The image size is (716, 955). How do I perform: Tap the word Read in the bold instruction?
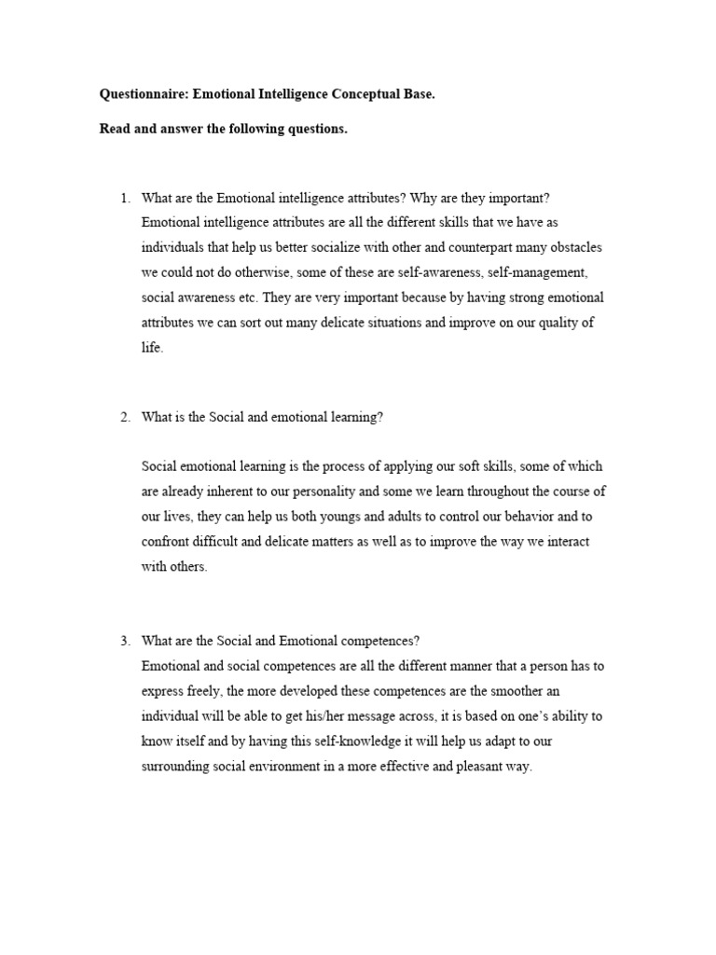coord(115,129)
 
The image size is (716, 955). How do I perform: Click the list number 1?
coord(125,198)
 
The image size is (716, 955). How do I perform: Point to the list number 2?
coord(125,418)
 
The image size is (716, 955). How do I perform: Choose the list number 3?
coord(125,640)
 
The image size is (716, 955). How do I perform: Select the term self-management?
coord(529,273)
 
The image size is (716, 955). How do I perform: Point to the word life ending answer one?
coord(151,348)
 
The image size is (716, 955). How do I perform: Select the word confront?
coord(164,542)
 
